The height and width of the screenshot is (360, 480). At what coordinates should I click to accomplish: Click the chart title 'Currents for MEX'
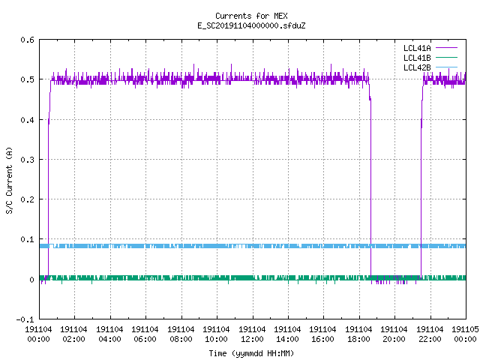[251, 16]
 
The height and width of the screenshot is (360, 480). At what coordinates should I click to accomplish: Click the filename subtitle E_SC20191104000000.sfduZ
[251, 25]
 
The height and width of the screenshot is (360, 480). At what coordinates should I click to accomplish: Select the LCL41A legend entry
[430, 48]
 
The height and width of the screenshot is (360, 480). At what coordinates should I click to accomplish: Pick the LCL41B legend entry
[430, 58]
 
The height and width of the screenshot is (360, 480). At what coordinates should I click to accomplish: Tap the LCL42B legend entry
[430, 67]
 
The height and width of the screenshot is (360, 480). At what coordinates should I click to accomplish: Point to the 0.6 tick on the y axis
[27, 40]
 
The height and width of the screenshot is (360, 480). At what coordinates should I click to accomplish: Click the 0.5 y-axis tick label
[27, 79]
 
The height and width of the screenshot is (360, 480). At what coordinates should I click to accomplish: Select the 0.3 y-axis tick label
[27, 160]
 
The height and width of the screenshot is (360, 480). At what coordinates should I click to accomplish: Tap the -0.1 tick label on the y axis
[25, 319]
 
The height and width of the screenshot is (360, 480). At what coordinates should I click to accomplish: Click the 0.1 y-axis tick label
[27, 239]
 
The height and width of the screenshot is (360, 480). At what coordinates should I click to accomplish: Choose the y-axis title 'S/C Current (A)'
[9, 181]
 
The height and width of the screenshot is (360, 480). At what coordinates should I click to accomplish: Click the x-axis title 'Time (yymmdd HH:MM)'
[251, 353]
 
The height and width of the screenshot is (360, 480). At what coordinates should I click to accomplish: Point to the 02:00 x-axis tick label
[73, 339]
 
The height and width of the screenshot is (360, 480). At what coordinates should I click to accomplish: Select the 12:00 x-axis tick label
[252, 339]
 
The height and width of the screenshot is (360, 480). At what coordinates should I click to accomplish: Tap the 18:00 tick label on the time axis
[358, 339]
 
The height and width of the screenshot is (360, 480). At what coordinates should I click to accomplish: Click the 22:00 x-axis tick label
[430, 339]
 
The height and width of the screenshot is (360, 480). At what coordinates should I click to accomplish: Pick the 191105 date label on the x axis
[465, 329]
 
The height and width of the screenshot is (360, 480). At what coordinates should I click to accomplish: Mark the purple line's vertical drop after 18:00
[370, 187]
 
